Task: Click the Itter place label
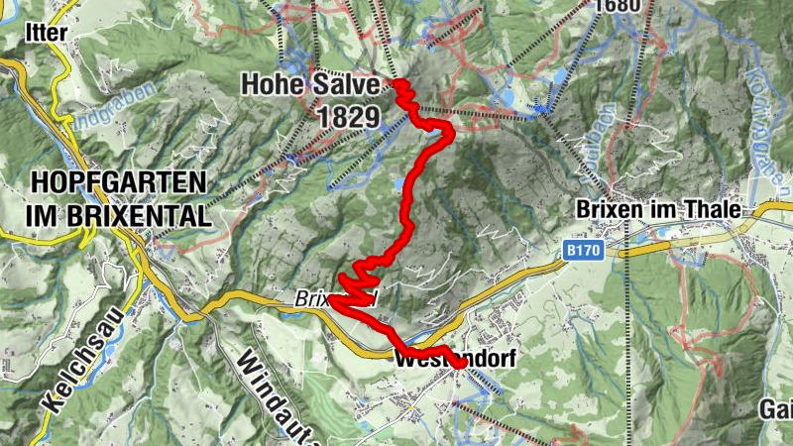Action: [x=48, y=33]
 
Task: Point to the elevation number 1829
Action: [x=348, y=116]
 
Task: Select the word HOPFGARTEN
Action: [x=119, y=182]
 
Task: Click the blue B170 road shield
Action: [x=585, y=253]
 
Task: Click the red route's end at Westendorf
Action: [x=459, y=363]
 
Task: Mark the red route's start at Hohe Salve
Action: [x=399, y=84]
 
